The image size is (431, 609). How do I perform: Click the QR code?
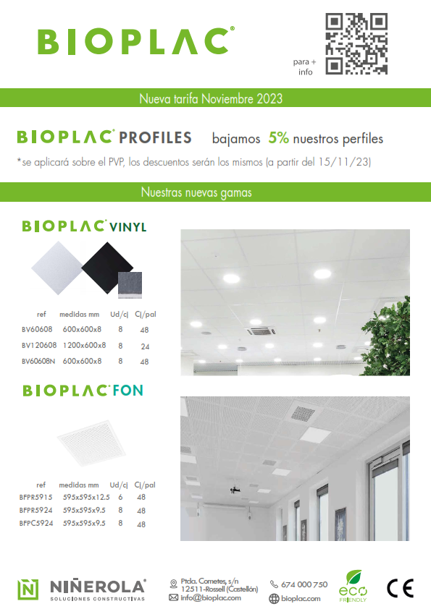(x=356, y=43)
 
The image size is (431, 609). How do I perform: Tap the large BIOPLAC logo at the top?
(x=136, y=41)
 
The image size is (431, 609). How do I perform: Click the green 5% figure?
(x=278, y=138)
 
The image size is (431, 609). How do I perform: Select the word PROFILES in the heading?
(x=155, y=138)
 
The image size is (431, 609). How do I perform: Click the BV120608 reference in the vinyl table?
(x=39, y=345)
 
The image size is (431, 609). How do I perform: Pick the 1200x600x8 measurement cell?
(x=84, y=345)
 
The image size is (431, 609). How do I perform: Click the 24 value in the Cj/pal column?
(x=145, y=346)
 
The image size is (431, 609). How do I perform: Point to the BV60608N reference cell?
(x=38, y=361)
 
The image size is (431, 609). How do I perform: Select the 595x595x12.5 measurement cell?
(x=86, y=497)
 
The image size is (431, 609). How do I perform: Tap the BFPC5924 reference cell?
(x=35, y=523)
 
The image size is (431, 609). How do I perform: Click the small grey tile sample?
(x=130, y=285)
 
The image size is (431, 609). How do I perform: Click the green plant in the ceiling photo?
(x=387, y=337)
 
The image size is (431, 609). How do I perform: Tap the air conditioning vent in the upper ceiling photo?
(x=261, y=331)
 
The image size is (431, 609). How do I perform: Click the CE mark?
(x=401, y=588)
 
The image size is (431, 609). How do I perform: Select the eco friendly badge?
(x=353, y=586)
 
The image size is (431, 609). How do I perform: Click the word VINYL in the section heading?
(x=127, y=227)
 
